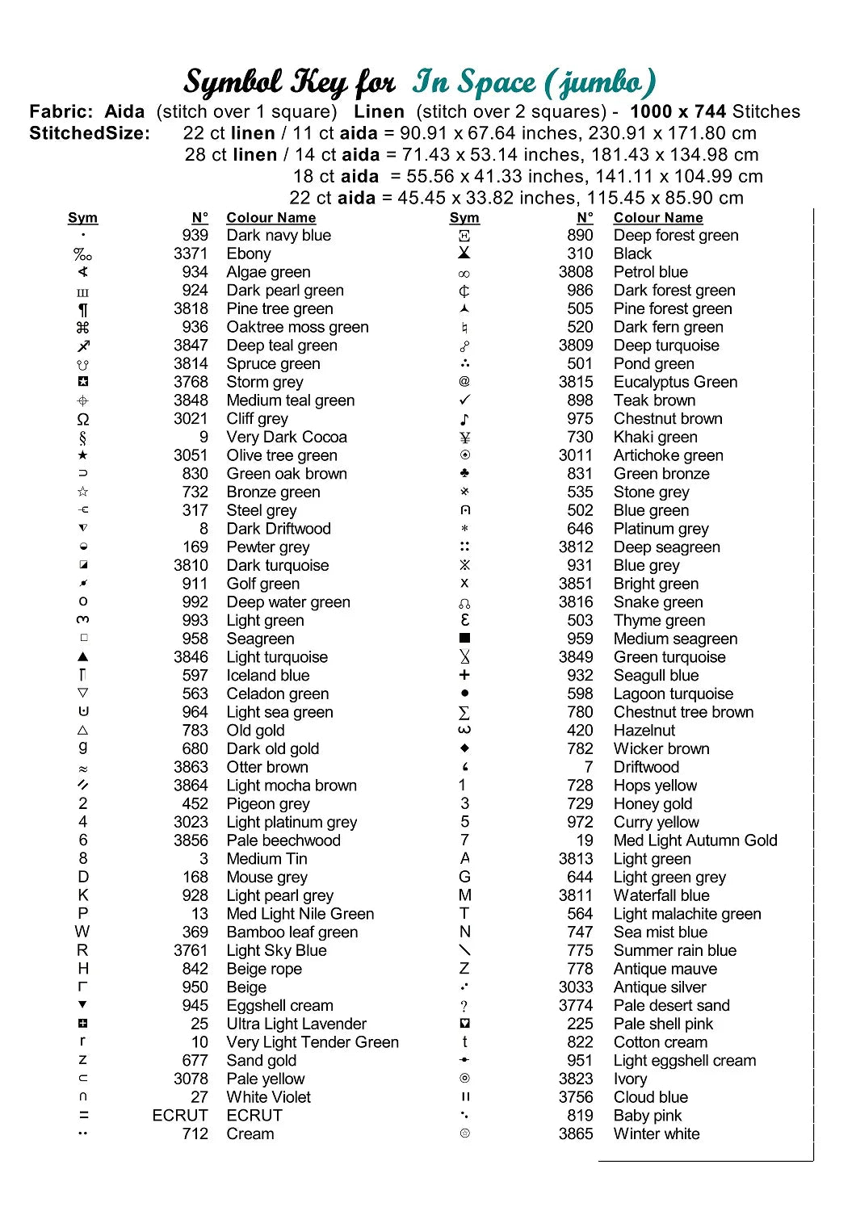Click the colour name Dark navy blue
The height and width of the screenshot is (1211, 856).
coord(279,236)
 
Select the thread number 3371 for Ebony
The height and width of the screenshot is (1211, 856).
coord(191,254)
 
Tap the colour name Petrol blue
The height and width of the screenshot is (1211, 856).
coord(650,272)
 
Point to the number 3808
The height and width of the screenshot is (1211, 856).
coord(576,272)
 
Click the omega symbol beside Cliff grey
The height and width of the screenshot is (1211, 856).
coord(83,419)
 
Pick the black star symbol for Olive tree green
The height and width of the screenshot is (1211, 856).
coord(83,455)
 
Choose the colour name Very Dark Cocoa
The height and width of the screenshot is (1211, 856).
coord(287,437)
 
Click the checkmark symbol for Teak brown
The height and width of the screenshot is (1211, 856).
coord(464,400)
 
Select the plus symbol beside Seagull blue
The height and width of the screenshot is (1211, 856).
coord(464,675)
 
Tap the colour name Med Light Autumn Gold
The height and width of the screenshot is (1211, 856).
coord(695,840)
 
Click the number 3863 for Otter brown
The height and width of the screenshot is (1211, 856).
coord(191,767)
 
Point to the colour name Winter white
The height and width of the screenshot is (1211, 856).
coord(657,1133)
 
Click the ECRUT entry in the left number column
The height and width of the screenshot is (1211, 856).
coord(180,1115)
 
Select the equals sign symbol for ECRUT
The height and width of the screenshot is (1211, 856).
coord(83,1115)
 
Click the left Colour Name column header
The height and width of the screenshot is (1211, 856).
coord(271,218)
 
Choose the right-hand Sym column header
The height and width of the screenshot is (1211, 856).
coord(464,218)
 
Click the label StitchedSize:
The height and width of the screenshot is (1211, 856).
coord(90,133)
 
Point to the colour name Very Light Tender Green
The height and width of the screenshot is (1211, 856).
coord(313,1042)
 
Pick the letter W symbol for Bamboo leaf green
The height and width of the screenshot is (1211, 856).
coord(82,932)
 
